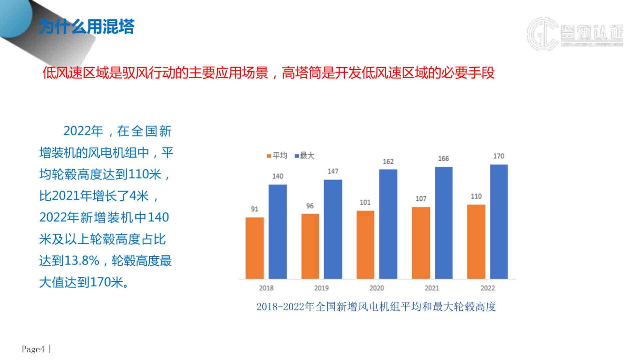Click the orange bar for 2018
(x=255, y=248)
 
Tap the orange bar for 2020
(x=365, y=245)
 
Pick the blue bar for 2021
(x=443, y=223)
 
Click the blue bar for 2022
(x=499, y=221)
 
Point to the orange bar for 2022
(x=476, y=242)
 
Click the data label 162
(x=388, y=162)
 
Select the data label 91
(x=255, y=209)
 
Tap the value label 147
(x=333, y=171)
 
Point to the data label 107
(x=421, y=199)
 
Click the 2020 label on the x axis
(x=376, y=288)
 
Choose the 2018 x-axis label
(x=266, y=288)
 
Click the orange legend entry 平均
(x=277, y=156)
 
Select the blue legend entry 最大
(x=305, y=156)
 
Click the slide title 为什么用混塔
(x=87, y=27)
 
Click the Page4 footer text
(x=33, y=349)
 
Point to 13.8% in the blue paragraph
(x=82, y=261)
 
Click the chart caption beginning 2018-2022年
(x=376, y=307)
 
